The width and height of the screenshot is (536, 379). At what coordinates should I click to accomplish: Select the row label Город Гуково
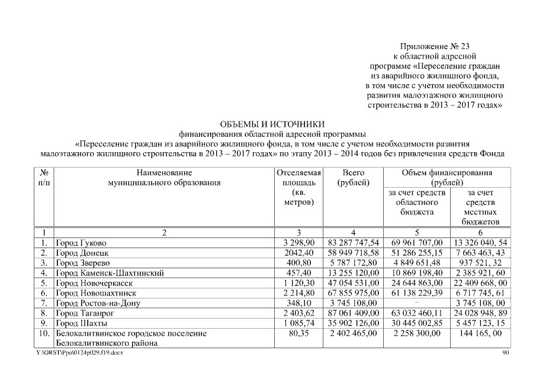click(x=82, y=243)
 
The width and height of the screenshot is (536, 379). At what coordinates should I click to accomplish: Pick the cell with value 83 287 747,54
click(x=353, y=243)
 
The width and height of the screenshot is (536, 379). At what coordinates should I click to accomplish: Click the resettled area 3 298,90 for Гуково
click(x=299, y=243)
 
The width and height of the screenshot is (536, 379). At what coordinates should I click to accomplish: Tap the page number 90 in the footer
click(x=505, y=353)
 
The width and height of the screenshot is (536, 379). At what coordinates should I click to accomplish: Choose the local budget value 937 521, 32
click(x=481, y=263)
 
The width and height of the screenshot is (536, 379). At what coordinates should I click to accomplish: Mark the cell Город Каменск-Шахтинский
click(x=110, y=273)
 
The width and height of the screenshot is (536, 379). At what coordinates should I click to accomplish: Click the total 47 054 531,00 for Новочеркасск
click(x=353, y=283)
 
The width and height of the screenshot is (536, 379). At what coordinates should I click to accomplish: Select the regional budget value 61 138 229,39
click(x=417, y=293)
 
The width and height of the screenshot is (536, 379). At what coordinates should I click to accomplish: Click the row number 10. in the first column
click(x=43, y=333)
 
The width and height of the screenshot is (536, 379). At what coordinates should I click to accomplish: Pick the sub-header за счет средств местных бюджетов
click(x=481, y=207)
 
